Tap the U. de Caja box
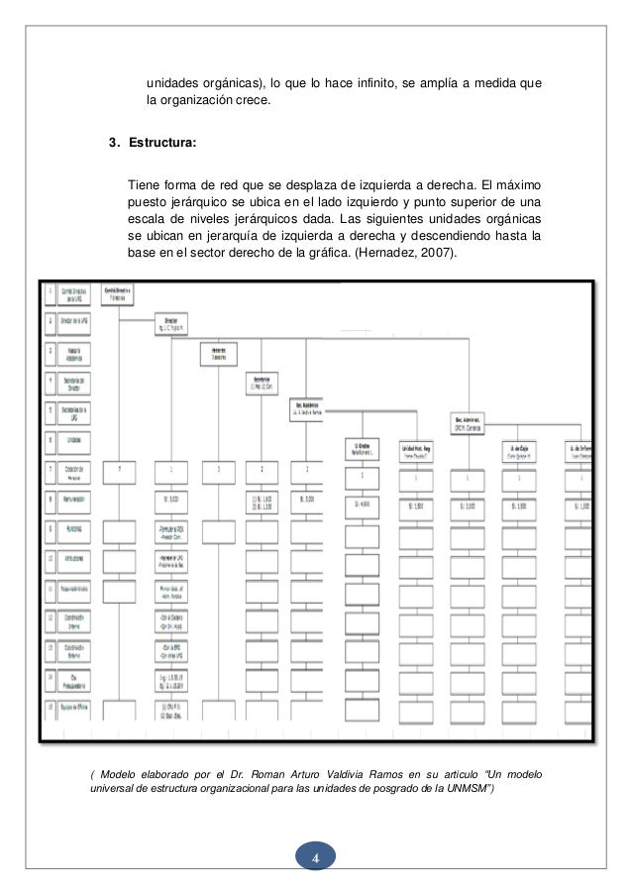coord(518,451)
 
